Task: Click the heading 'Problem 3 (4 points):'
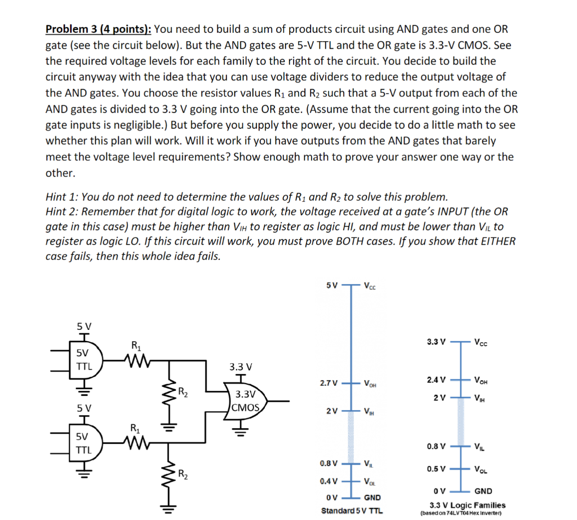(97, 29)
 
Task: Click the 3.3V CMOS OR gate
(246, 400)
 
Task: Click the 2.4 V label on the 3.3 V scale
(436, 379)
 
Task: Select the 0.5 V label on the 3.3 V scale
(436, 469)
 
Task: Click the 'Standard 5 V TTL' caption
(352, 511)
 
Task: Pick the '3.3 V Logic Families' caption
(467, 505)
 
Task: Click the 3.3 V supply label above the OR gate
(241, 367)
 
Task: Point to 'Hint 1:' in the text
(63, 197)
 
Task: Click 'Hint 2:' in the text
(63, 211)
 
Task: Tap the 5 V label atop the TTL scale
(332, 285)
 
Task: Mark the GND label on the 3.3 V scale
(483, 491)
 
